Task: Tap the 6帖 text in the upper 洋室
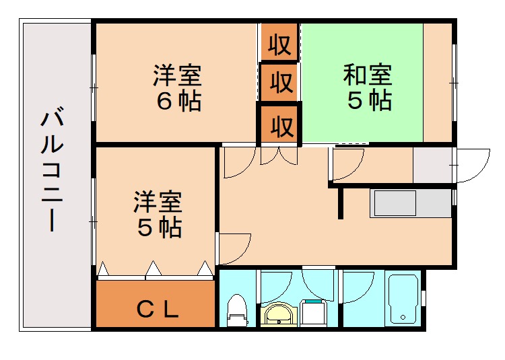click(x=178, y=101)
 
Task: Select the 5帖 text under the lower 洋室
click(x=159, y=228)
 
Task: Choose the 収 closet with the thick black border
click(x=281, y=125)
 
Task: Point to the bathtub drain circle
click(x=403, y=317)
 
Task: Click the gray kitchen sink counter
click(x=409, y=203)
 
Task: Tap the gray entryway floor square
click(x=433, y=165)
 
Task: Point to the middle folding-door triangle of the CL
click(x=154, y=269)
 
